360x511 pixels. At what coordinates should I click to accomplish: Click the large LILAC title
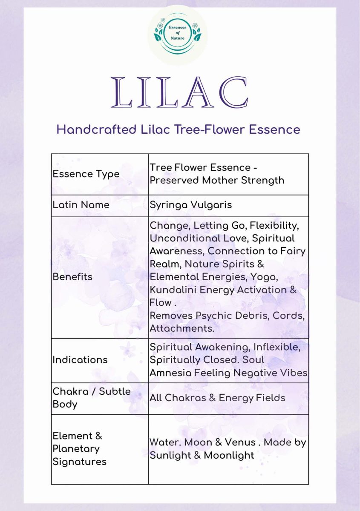179,92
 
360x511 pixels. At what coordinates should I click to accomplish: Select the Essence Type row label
86,174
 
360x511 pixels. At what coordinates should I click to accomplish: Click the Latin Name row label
81,205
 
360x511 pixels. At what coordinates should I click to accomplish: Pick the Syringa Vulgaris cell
190,205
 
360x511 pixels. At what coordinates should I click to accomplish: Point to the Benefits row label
72,277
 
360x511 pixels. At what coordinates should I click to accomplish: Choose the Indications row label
80,360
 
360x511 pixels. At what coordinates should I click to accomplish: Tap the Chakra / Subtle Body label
92,397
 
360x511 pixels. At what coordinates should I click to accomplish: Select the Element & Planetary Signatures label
79,448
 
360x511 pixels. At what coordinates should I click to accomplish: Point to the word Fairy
291,251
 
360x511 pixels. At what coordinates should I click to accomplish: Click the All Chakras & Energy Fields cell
217,398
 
